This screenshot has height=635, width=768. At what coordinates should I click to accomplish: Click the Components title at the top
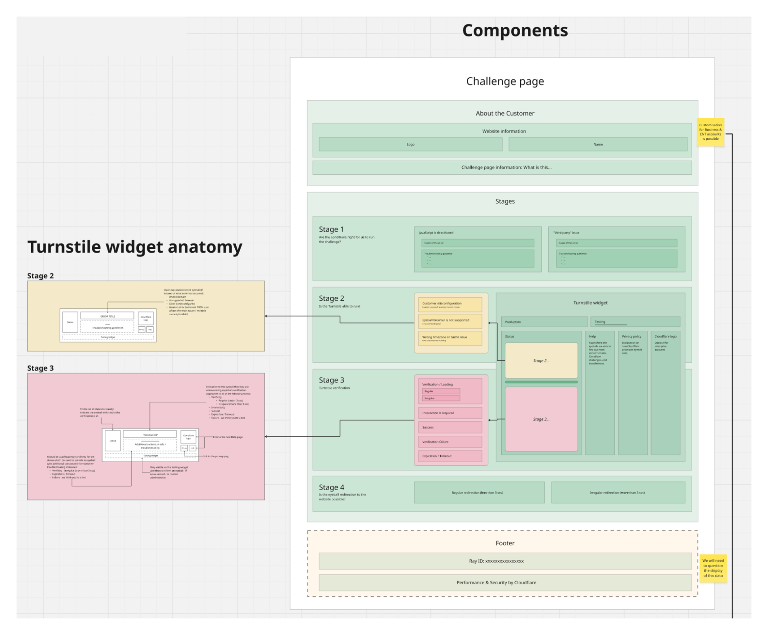point(515,31)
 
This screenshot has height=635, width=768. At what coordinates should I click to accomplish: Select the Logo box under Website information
point(410,144)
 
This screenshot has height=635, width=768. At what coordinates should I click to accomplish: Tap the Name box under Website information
point(598,144)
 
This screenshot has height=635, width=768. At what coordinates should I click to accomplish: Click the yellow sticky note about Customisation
point(710,132)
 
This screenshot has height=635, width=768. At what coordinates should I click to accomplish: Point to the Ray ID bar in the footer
point(505,561)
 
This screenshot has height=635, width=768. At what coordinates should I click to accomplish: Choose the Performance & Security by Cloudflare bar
point(505,582)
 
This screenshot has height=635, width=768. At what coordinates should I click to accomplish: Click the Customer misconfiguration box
point(450,304)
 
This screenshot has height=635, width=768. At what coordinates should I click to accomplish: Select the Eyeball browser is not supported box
point(450,321)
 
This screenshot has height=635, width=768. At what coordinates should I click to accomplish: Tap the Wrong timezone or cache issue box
point(450,338)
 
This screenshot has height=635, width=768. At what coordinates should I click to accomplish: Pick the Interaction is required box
point(450,413)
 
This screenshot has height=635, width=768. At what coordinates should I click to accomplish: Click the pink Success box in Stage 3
point(450,427)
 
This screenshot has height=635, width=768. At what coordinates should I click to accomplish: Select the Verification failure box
point(450,442)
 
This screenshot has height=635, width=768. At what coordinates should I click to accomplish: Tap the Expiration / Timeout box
point(450,456)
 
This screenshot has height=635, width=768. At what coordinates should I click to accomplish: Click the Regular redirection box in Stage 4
point(479,493)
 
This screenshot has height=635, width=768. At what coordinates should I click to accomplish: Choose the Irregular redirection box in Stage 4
point(618,493)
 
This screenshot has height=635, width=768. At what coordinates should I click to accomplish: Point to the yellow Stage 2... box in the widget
point(541,360)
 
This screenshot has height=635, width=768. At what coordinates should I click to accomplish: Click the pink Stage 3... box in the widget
point(541,419)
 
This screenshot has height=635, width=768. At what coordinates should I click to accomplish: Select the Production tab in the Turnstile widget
point(544,322)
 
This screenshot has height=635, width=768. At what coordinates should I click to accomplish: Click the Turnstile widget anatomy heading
point(135,247)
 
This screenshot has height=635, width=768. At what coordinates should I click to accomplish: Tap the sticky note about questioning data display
point(713,568)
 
